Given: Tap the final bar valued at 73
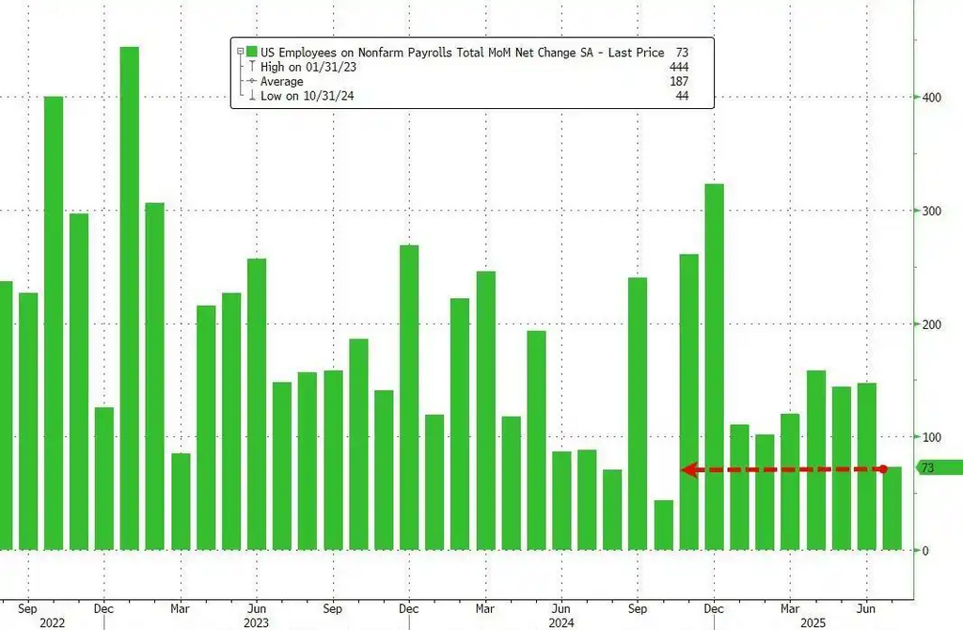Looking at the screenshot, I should [x=892, y=508].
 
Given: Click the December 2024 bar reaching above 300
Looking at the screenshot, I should [x=715, y=367].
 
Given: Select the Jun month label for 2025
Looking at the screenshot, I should [x=867, y=606].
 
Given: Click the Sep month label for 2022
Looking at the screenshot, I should [x=27, y=606].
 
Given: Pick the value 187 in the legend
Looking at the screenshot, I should [x=677, y=82].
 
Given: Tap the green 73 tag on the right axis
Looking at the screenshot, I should [x=937, y=468].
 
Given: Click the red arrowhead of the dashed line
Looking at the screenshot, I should [x=687, y=469].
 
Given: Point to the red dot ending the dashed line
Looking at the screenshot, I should [x=883, y=468].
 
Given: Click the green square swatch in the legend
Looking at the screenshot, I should [x=252, y=53].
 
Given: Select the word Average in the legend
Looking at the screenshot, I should [x=282, y=82].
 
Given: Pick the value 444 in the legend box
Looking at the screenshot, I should [x=677, y=67].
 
